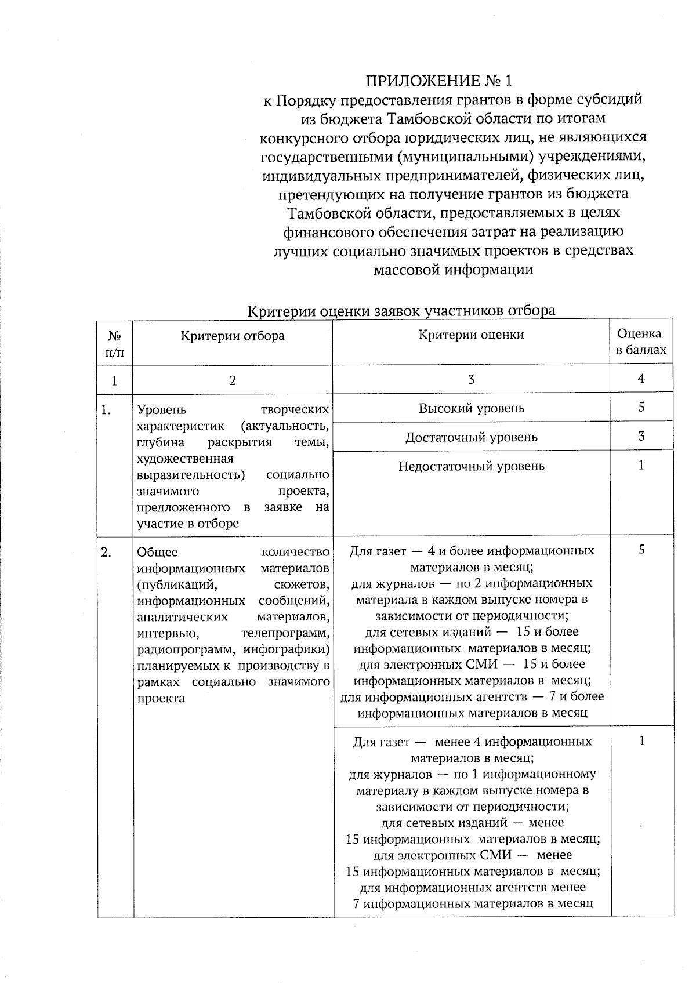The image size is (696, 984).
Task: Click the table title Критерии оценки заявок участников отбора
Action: point(401,311)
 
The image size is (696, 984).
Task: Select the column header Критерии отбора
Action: point(232,336)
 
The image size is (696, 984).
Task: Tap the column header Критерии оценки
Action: point(471,335)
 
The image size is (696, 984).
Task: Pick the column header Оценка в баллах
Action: point(640,342)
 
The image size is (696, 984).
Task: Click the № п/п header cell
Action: point(114,344)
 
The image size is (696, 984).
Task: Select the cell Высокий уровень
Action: point(471,408)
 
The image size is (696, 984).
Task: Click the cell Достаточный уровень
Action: point(471,437)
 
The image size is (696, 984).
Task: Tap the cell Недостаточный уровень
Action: point(471,466)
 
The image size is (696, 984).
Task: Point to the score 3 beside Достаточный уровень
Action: point(641,437)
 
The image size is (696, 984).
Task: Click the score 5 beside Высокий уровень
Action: point(641,408)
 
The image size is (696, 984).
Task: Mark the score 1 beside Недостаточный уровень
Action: point(641,466)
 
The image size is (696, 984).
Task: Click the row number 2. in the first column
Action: point(106,552)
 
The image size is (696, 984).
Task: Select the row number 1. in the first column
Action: point(106,411)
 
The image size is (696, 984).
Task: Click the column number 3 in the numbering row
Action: point(471,380)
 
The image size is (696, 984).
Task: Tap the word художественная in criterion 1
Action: point(184,459)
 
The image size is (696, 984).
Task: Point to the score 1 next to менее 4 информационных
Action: point(641,741)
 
